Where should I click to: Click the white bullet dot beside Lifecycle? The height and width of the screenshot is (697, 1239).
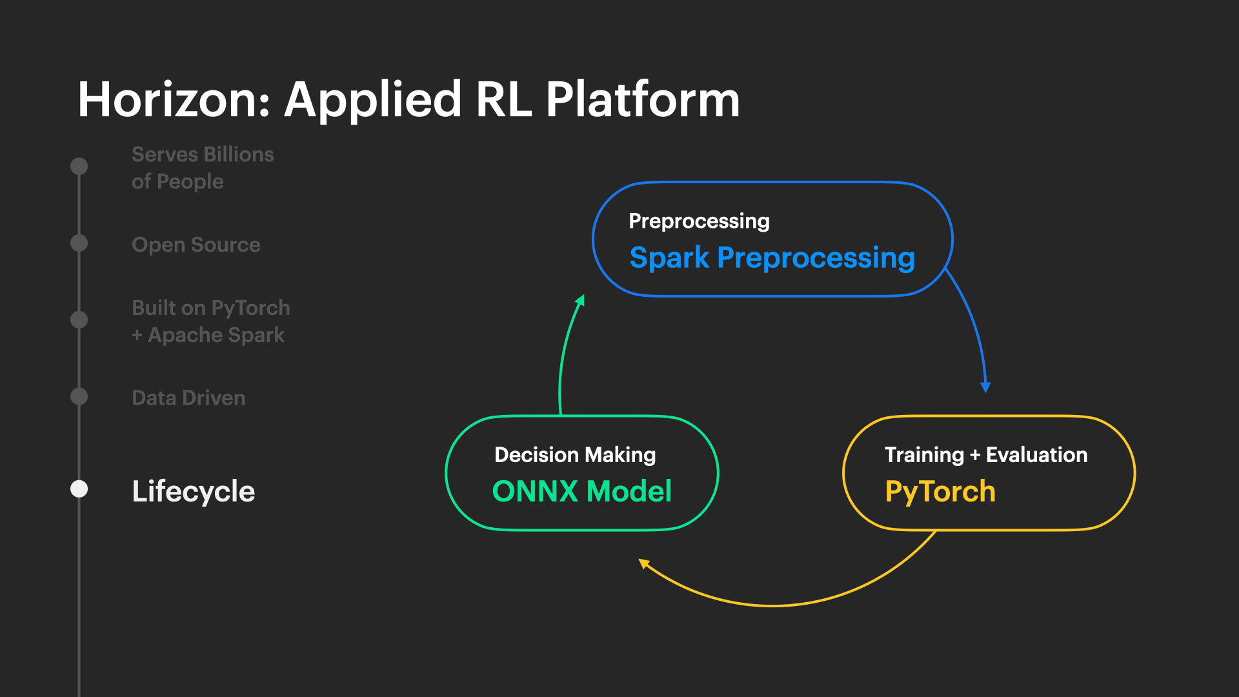[x=79, y=489]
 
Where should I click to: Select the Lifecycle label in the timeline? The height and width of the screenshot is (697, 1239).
[x=194, y=492]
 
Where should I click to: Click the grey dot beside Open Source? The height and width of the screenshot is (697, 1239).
[x=79, y=243]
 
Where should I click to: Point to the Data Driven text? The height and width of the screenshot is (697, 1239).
[x=188, y=398]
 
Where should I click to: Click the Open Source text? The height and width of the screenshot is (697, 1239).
[x=196, y=245]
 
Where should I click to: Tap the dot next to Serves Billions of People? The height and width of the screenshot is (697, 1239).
[x=79, y=167]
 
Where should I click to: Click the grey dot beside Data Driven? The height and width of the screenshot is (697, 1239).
[x=79, y=396]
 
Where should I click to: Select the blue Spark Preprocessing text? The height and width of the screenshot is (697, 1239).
[x=772, y=259]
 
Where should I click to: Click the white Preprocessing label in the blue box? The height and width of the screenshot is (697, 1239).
[x=700, y=221]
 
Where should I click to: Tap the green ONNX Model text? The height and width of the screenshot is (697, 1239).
[x=582, y=491]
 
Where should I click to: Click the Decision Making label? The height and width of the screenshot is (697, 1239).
[x=575, y=455]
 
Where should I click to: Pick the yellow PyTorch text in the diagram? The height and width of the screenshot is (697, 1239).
[x=940, y=492]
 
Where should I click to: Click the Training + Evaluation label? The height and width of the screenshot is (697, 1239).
[x=986, y=455]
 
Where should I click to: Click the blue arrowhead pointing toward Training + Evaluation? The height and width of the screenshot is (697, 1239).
[x=985, y=387]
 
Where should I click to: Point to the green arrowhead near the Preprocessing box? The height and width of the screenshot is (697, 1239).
[x=580, y=300]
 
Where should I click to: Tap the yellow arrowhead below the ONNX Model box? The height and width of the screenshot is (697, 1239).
[x=643, y=563]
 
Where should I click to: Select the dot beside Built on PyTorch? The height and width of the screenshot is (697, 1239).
[x=79, y=319]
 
